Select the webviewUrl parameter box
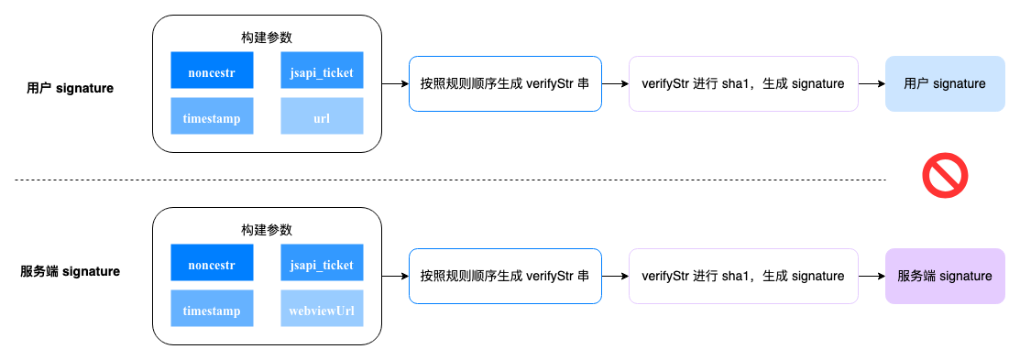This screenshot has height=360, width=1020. point(322,311)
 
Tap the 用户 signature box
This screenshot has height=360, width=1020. point(945,84)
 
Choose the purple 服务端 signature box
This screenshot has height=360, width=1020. point(945,276)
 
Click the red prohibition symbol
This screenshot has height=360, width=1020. point(945,176)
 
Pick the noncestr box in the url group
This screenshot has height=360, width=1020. point(212,71)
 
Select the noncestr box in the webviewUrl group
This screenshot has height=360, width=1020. point(212,264)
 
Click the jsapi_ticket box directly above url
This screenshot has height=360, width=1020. point(322,71)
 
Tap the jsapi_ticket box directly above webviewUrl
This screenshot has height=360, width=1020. point(322,264)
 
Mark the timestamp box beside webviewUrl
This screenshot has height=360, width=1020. point(212,311)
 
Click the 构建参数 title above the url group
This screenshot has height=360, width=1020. point(267,38)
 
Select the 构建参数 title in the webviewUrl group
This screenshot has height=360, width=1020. point(267,230)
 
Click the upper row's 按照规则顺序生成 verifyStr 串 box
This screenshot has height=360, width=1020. point(505,84)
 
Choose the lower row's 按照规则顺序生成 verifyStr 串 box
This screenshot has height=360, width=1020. point(505,276)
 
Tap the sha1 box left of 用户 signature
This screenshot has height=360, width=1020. point(743,84)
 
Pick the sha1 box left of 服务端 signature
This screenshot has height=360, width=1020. point(743,276)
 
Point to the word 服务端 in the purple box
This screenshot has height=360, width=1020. point(916,276)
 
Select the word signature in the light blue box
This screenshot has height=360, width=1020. point(960,84)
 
